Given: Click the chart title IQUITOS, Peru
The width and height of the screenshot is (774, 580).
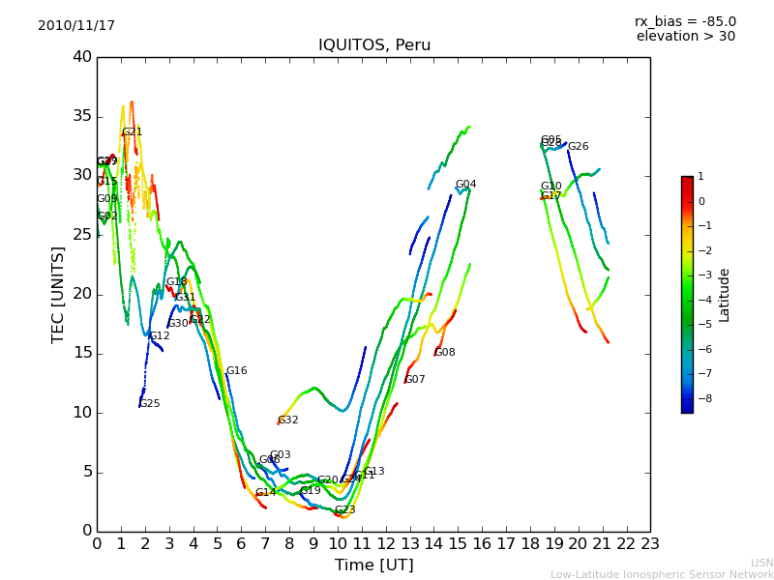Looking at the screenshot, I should pos(374,45).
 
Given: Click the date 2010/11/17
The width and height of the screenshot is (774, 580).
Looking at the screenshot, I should pos(76,26).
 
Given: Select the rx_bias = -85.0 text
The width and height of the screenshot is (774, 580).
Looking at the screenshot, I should pos(685,21).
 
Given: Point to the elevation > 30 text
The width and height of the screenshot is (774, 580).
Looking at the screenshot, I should pos(685,37).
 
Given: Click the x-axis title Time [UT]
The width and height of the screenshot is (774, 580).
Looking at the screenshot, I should pos(373,565).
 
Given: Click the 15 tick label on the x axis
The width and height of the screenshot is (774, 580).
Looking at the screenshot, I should pos(458,543).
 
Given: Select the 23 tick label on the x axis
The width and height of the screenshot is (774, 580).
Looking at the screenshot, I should pos(650,543).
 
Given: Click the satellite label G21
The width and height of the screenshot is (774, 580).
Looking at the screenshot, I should pos(132,132).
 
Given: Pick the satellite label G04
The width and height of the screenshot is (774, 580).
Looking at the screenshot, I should pos(465,185).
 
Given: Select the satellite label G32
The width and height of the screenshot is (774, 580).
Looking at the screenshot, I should pos(287,420).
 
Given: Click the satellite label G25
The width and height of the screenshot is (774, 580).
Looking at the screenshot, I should pos(149,404).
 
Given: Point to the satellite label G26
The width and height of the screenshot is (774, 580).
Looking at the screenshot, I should pos(578,147).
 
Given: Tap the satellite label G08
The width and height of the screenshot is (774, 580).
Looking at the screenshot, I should pos(444,353).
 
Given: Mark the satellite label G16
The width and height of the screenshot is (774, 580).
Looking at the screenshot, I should pos(236,371).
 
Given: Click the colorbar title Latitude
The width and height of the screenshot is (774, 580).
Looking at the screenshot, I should pos(725,295).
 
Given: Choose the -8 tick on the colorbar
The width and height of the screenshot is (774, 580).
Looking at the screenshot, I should pos(701,397).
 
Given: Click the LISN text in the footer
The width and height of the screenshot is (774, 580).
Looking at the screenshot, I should pos(761,563).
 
